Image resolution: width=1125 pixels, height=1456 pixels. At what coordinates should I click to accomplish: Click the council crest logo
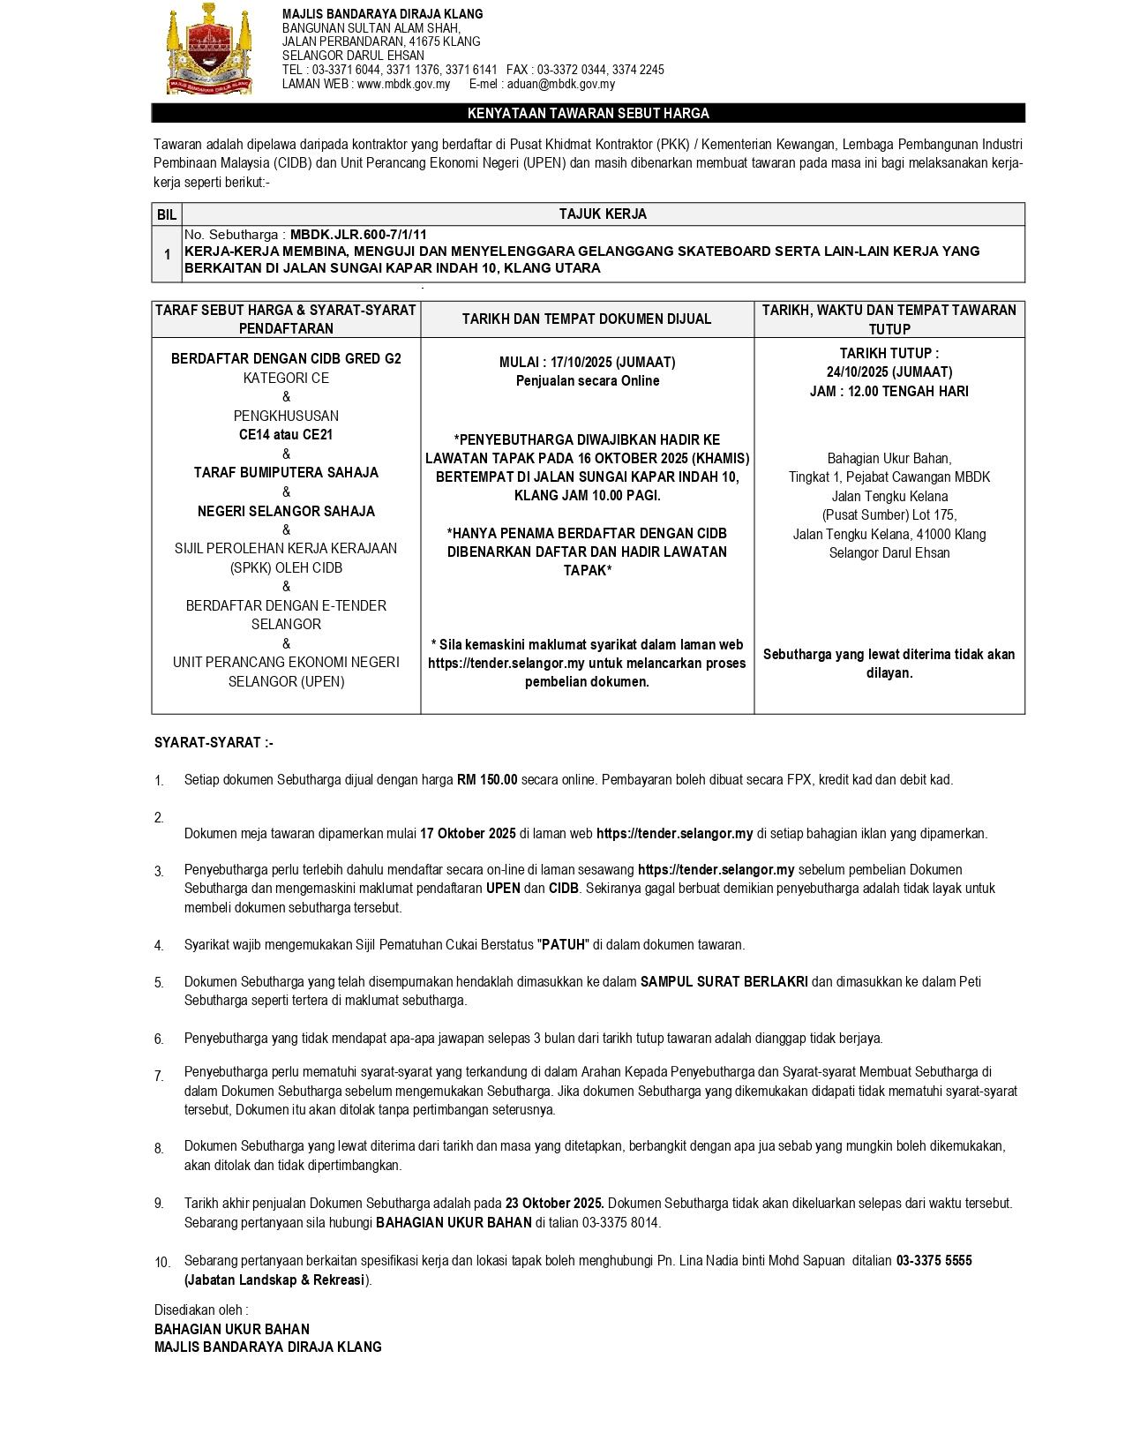tap(209, 49)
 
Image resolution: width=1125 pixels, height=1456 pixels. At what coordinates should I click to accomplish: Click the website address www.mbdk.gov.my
tap(403, 84)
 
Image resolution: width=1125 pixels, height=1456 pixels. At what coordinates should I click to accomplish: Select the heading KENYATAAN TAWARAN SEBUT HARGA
tap(588, 113)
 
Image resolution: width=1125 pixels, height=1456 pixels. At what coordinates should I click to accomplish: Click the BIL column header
tap(167, 214)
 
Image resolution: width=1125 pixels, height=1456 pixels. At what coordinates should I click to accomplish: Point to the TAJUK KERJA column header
tap(603, 214)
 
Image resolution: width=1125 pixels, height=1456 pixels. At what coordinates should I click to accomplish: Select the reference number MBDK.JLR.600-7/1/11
tap(358, 235)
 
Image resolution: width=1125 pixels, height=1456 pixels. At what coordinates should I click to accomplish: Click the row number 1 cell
tap(167, 254)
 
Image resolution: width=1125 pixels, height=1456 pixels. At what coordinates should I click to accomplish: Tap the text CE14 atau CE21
tap(286, 435)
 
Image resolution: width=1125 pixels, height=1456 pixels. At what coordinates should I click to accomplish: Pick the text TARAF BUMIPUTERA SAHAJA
tap(286, 473)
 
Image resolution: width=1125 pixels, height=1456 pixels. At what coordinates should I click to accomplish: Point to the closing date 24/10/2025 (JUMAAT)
tap(889, 372)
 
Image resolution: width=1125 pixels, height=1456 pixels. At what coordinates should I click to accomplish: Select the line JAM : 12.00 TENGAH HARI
tap(889, 392)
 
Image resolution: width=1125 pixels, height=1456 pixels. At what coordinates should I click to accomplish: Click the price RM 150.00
tap(487, 780)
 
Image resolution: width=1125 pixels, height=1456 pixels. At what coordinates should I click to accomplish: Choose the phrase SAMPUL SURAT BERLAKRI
tap(724, 982)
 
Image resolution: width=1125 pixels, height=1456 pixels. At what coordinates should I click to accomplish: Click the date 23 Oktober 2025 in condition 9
tap(554, 1204)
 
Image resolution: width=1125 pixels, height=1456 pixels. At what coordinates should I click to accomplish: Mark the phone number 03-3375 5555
tap(934, 1261)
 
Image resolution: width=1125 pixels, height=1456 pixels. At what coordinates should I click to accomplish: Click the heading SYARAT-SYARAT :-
tap(214, 743)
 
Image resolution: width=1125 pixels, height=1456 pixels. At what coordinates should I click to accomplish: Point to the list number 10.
tap(162, 1263)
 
